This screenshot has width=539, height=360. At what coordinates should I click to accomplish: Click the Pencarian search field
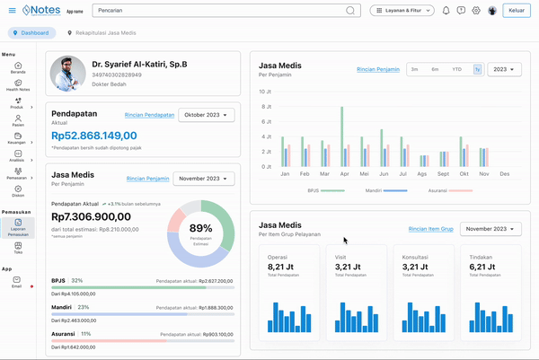pos(225,11)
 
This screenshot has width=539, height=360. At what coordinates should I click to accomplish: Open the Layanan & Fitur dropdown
pos(402,11)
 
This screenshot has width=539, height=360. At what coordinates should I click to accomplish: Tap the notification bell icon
pos(446,11)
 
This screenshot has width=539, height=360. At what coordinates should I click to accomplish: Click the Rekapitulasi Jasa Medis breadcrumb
pos(111,32)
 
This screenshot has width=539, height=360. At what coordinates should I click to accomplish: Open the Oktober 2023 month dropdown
pos(208,115)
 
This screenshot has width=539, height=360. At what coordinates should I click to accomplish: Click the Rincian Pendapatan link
pos(150,115)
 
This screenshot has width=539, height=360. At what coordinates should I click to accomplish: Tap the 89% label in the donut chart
pos(201,228)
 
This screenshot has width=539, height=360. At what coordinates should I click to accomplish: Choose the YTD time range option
pos(456,69)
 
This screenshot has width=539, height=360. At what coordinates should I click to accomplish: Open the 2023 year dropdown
pos(503,69)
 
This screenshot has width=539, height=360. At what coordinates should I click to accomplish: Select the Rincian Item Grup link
pos(430,229)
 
